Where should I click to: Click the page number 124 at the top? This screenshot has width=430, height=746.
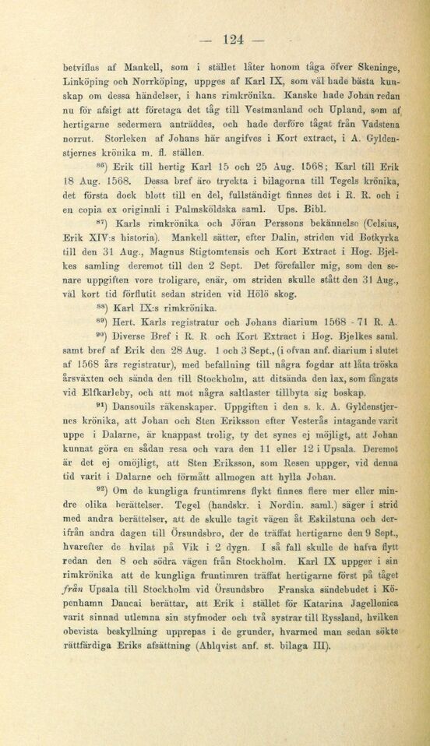233,40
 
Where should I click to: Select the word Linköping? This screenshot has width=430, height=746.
86,81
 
